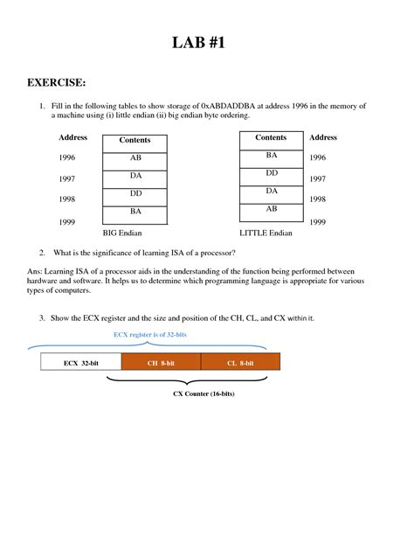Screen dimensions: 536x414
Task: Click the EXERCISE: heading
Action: (57, 83)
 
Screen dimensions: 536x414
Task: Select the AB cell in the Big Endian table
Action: (135, 158)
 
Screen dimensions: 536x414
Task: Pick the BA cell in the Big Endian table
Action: (135, 211)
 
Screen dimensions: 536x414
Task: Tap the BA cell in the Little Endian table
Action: (271, 155)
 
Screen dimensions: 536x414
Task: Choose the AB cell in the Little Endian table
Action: (271, 209)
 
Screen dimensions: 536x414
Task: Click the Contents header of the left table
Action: (135, 140)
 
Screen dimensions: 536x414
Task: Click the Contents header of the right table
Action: (271, 137)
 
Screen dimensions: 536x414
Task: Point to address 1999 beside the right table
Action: (318, 223)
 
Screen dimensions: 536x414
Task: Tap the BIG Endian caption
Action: (122, 234)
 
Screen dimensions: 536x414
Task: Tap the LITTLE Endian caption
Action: (266, 234)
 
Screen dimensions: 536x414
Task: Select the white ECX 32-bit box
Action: (81, 362)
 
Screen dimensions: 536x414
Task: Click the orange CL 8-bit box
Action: (240, 362)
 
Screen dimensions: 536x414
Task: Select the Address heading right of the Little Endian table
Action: (323, 138)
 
